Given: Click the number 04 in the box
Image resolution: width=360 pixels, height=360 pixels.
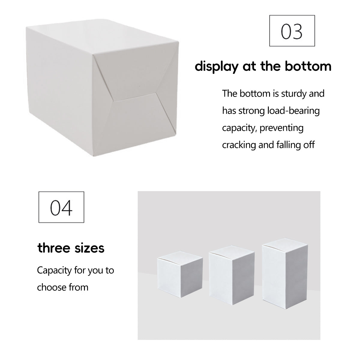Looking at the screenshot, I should (61, 207).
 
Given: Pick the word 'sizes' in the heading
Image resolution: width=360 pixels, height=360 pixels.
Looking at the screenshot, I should (90, 248).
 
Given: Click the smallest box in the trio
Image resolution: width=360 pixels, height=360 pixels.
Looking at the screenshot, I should (180, 276).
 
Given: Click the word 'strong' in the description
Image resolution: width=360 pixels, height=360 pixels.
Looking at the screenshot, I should (251, 111).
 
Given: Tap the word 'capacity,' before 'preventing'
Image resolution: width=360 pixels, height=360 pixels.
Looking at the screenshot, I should (239, 128).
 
